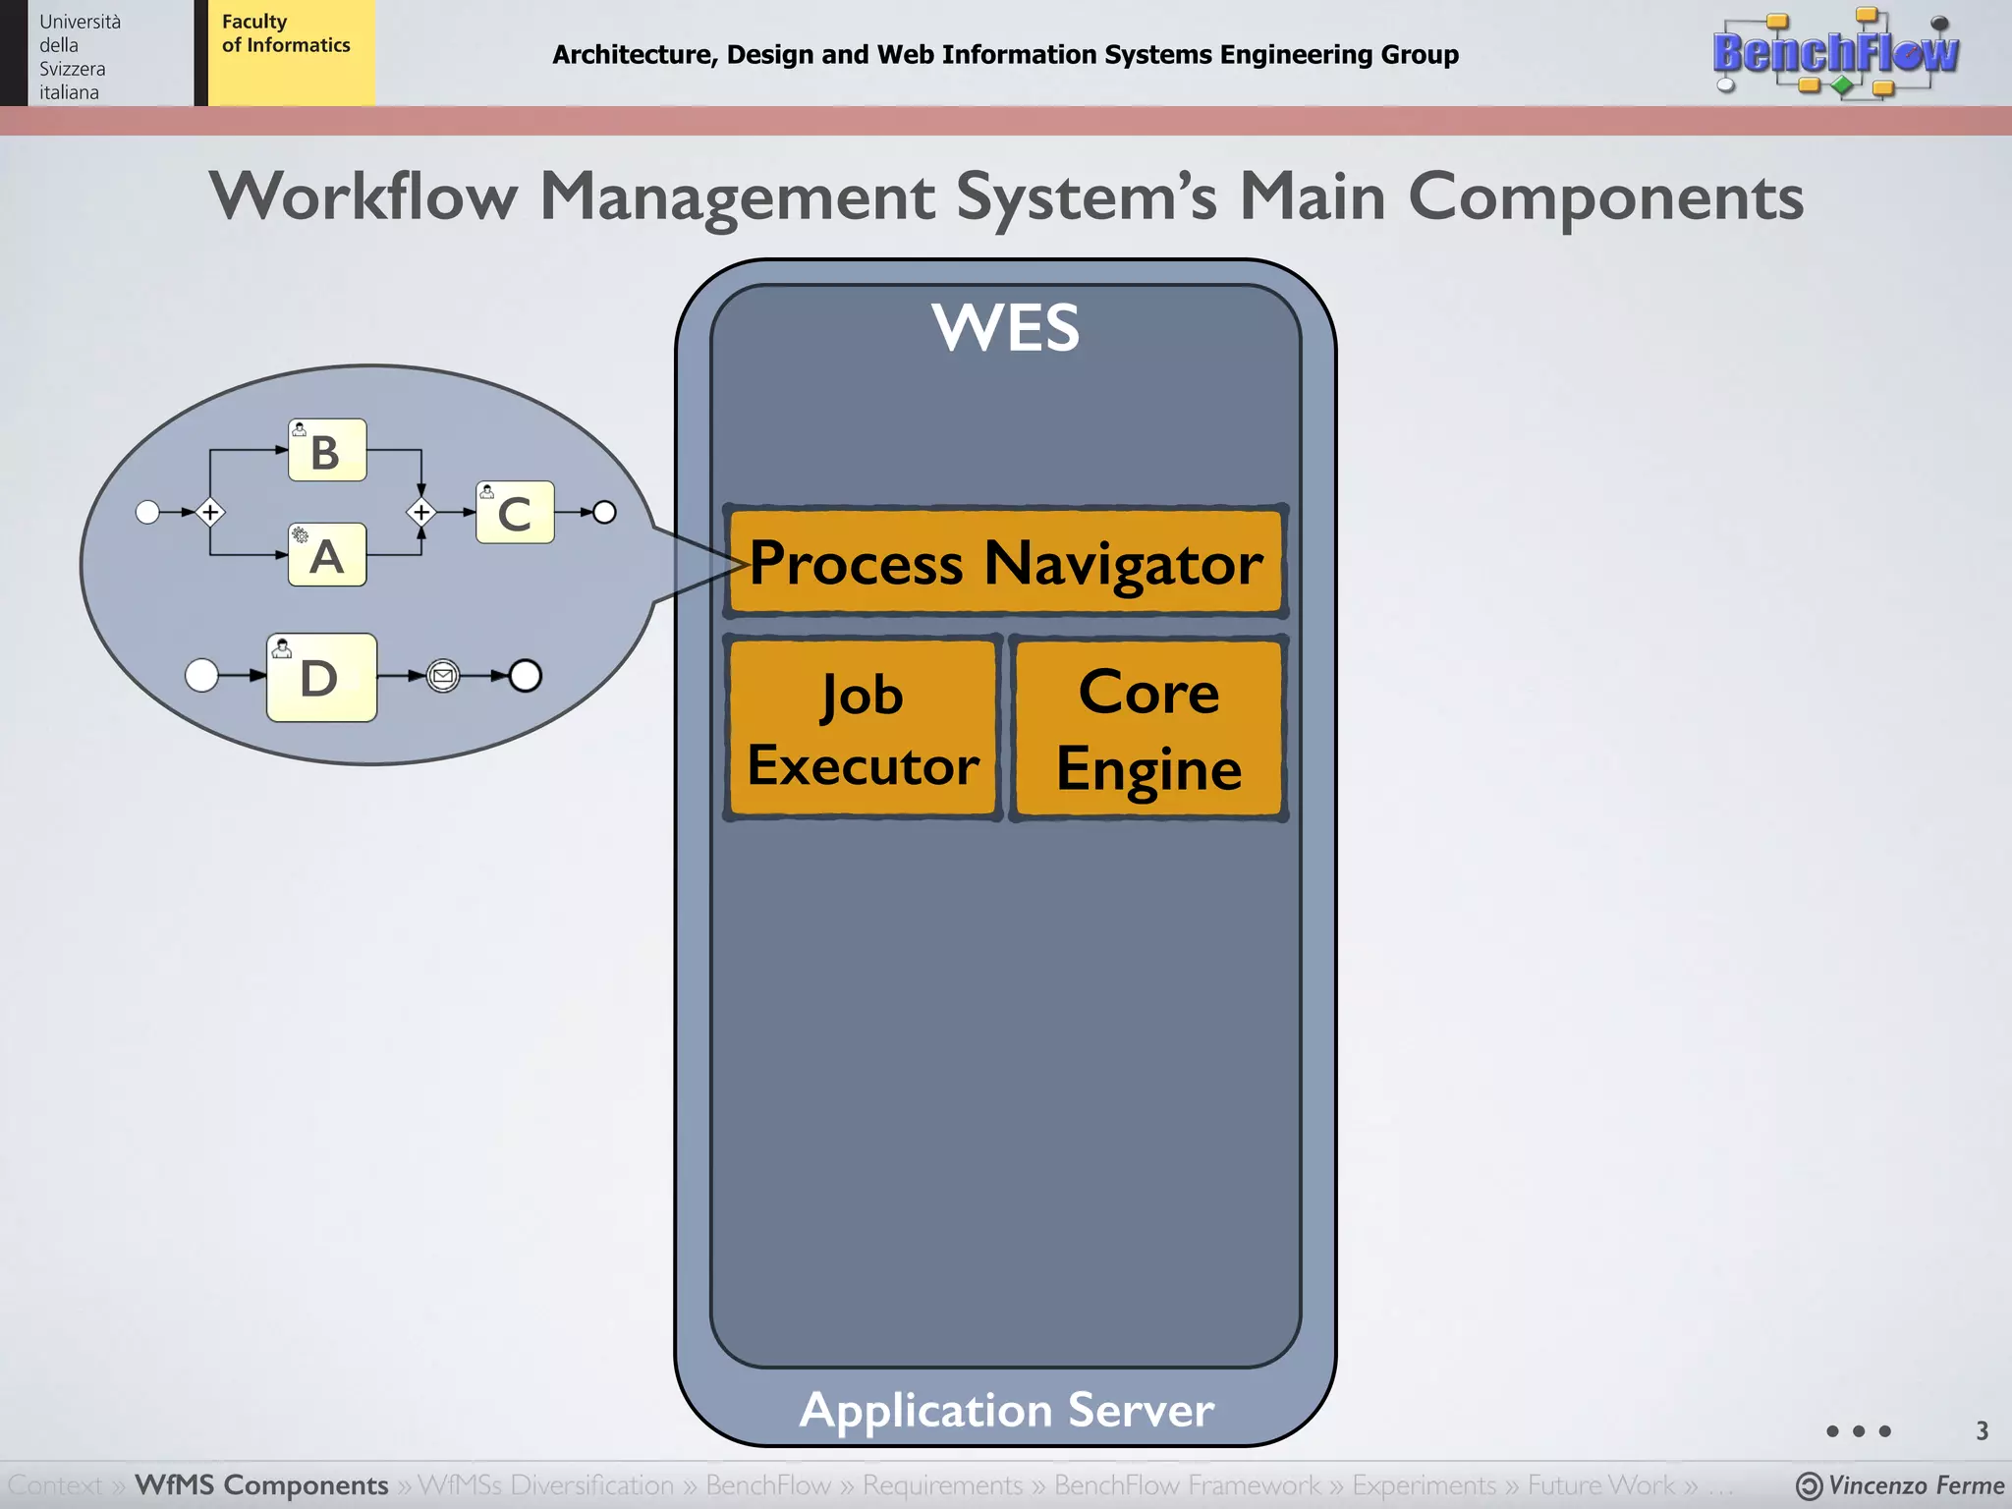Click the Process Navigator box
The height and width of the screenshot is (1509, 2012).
pyautogui.click(x=1005, y=562)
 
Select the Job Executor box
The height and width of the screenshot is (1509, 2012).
pyautogui.click(x=863, y=728)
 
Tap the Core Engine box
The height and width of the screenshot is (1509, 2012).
pyautogui.click(x=1148, y=728)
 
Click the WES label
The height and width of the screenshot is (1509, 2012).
pyautogui.click(x=1005, y=327)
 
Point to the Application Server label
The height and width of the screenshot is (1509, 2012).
pyautogui.click(x=1006, y=1410)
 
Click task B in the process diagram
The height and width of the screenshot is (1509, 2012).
pyautogui.click(x=327, y=450)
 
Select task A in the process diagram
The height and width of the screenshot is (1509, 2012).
pyautogui.click(x=327, y=555)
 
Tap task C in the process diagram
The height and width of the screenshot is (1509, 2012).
pyautogui.click(x=515, y=512)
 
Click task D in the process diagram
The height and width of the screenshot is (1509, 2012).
pyautogui.click(x=321, y=677)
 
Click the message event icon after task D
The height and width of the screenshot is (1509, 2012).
pyautogui.click(x=443, y=676)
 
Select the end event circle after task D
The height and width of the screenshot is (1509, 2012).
pyautogui.click(x=526, y=676)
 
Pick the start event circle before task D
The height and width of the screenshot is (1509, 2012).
pyautogui.click(x=201, y=676)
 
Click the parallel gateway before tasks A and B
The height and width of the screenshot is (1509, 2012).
pyautogui.click(x=210, y=512)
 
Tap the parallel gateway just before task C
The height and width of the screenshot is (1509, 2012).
pyautogui.click(x=421, y=512)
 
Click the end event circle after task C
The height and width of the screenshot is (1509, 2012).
pyautogui.click(x=605, y=512)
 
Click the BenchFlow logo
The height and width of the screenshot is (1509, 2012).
pyautogui.click(x=1834, y=53)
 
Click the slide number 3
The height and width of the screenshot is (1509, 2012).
pyautogui.click(x=1982, y=1430)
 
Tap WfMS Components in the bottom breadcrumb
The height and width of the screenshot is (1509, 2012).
pyautogui.click(x=261, y=1484)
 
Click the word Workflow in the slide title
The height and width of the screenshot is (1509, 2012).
pyautogui.click(x=363, y=196)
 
